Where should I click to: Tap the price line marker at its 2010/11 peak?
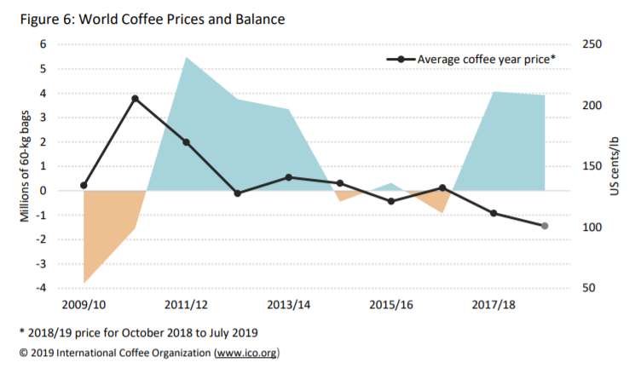136,99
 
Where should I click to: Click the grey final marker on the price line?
545,226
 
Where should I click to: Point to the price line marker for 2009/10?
84,185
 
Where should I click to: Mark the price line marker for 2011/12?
187,142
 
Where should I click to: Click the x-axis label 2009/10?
84,304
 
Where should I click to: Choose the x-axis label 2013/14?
288,304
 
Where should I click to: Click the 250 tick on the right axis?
592,44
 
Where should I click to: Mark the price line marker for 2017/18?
494,213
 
